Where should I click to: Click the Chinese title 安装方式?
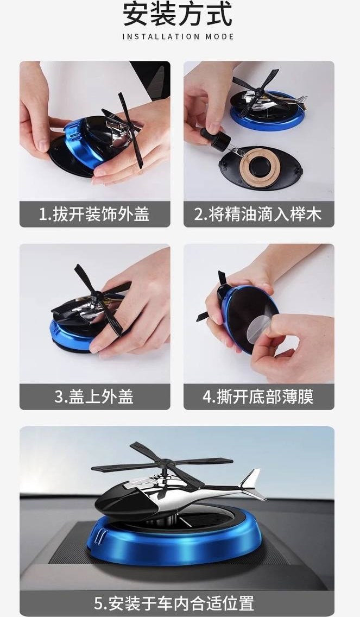point(178,15)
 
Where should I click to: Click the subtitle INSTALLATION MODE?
point(178,36)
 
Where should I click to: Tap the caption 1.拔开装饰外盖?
point(94,215)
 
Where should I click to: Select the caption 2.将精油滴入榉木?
point(258,215)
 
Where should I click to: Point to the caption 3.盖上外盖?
point(94,396)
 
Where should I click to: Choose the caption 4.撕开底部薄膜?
point(258,396)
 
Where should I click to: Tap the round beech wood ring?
point(260,162)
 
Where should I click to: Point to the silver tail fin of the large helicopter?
point(252,484)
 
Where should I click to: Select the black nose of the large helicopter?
point(120,500)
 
